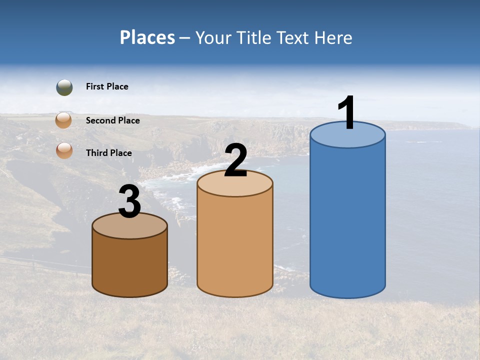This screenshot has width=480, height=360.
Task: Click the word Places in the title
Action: click(147, 37)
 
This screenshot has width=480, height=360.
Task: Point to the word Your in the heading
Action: click(213, 37)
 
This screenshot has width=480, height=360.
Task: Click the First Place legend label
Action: click(107, 86)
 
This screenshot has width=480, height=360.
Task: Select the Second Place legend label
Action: click(112, 120)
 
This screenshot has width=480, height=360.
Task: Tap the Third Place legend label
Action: click(108, 153)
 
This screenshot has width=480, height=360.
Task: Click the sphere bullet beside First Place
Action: click(64, 87)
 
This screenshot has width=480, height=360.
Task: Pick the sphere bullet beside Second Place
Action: click(63, 120)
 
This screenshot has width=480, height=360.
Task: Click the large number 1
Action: click(347, 113)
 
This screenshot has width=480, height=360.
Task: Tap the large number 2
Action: click(235, 160)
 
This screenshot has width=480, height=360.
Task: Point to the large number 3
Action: click(129, 201)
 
